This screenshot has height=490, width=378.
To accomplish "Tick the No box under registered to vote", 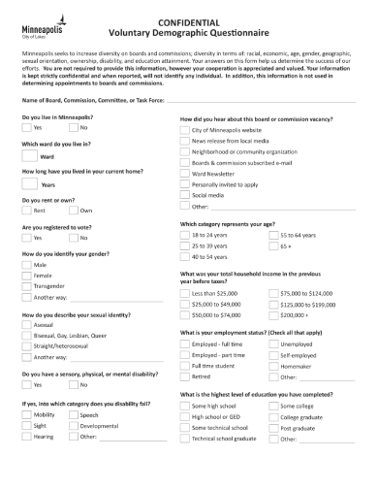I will [73, 238].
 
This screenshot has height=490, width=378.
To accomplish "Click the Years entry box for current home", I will [29, 183].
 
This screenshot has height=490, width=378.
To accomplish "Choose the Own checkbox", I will [73, 211].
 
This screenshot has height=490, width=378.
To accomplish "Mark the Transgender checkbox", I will [26, 286].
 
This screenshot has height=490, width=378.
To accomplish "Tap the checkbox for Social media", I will [186, 194].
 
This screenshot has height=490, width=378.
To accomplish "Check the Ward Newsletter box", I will [186, 173].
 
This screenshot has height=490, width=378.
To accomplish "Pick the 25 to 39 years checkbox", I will [186, 246].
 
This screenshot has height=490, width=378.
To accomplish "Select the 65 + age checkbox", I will [273, 246].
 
